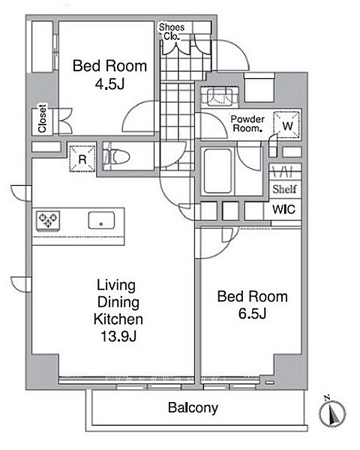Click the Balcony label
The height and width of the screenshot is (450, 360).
193,408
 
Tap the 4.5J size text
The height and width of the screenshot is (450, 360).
109,84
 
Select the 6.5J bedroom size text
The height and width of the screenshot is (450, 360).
252,313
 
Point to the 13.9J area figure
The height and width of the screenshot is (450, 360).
118,336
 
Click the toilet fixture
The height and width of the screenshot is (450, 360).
116,157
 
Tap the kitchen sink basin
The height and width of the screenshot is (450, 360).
101,220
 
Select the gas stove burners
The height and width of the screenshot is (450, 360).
48,220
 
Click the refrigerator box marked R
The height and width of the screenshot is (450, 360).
82,159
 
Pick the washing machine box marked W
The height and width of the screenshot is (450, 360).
287,125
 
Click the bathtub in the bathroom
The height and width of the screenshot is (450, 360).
217,171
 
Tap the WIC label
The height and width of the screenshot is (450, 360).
283,209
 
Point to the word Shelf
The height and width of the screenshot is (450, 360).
284,189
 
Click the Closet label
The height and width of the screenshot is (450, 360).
42,118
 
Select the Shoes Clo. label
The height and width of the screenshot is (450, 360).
172,31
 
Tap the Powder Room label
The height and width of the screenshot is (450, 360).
247,124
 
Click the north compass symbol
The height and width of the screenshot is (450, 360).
332,412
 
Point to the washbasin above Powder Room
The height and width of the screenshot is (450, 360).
220,97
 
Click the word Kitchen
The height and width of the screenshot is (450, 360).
118,319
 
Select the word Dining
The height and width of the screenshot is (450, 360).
118,302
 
